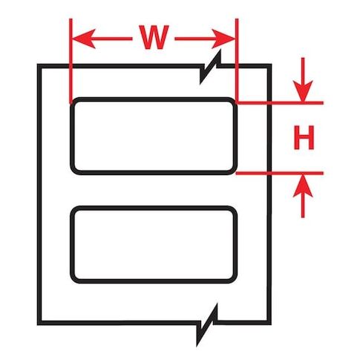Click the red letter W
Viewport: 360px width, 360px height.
(x=154, y=37)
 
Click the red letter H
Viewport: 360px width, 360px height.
(x=304, y=137)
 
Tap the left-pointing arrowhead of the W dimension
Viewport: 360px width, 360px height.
(x=84, y=39)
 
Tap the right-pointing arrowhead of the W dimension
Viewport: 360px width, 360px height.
(x=223, y=39)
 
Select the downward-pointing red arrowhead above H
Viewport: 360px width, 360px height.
(x=303, y=91)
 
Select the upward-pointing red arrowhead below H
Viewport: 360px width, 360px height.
(x=303, y=186)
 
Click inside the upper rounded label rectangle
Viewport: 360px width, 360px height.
(x=154, y=136)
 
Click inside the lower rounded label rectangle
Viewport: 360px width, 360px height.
(x=154, y=244)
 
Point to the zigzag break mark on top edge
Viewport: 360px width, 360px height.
(x=210, y=67)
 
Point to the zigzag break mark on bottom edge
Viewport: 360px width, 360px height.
(x=207, y=324)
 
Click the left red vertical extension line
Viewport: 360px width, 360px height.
(x=71, y=61)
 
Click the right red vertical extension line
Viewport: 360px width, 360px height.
(x=237, y=61)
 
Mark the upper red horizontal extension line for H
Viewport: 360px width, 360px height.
(x=280, y=102)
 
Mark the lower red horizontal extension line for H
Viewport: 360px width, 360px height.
(x=280, y=173)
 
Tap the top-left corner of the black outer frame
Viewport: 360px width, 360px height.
(x=39, y=66)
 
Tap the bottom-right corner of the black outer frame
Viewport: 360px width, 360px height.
(x=269, y=323)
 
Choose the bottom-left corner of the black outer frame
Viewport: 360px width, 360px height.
(x=39, y=323)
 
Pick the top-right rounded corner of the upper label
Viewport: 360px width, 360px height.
(x=233, y=102)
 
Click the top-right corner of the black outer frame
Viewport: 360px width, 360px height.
(x=269, y=66)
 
